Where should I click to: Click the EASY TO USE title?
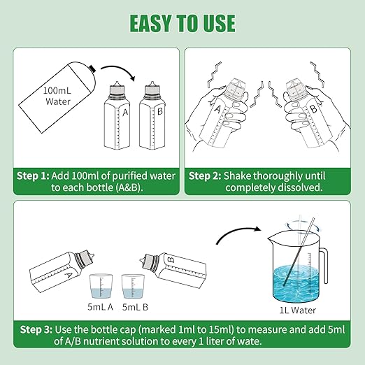(x=182, y=23)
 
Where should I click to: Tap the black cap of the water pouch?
(x=93, y=68)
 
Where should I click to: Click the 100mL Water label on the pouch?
(x=57, y=96)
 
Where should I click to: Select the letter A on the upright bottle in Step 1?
(x=125, y=113)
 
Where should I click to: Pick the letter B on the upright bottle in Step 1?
(x=159, y=111)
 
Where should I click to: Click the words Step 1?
(x=33, y=176)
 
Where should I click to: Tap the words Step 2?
(x=205, y=176)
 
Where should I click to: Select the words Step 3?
(x=36, y=329)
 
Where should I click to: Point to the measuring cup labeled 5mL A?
(x=101, y=286)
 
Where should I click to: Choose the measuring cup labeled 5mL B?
(x=133, y=286)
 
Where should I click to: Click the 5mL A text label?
(x=101, y=307)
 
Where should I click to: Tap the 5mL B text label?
(x=135, y=307)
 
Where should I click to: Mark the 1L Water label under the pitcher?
(x=298, y=310)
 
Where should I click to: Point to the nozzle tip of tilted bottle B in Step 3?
(x=141, y=259)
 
